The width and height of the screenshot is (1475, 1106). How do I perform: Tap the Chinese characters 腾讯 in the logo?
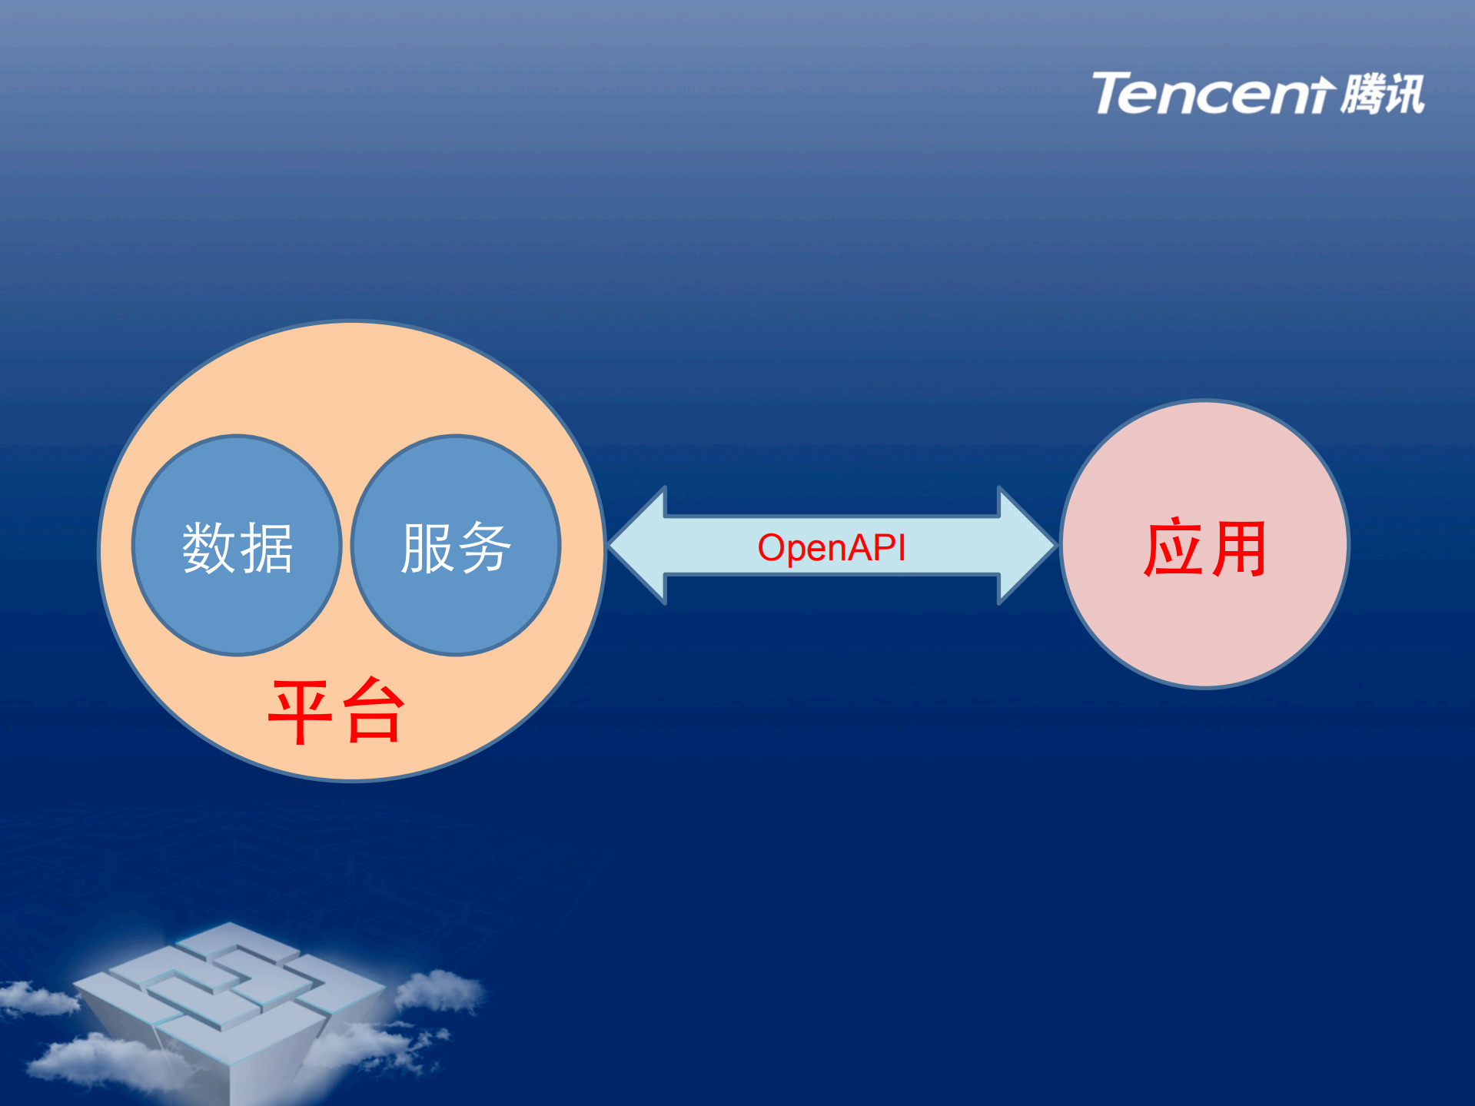click(1382, 94)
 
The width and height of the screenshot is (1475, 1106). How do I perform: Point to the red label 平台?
click(336, 711)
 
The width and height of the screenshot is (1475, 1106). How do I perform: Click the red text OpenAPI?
click(832, 548)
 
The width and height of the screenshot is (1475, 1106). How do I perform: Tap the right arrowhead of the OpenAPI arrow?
click(1026, 546)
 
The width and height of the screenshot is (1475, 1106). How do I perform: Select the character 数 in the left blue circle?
click(208, 548)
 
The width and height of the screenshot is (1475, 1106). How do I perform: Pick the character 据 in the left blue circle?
click(266, 548)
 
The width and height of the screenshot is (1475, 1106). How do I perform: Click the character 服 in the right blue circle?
click(427, 548)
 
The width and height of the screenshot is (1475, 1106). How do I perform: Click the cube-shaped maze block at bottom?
click(231, 999)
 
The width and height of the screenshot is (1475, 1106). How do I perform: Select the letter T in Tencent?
click(1116, 94)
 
